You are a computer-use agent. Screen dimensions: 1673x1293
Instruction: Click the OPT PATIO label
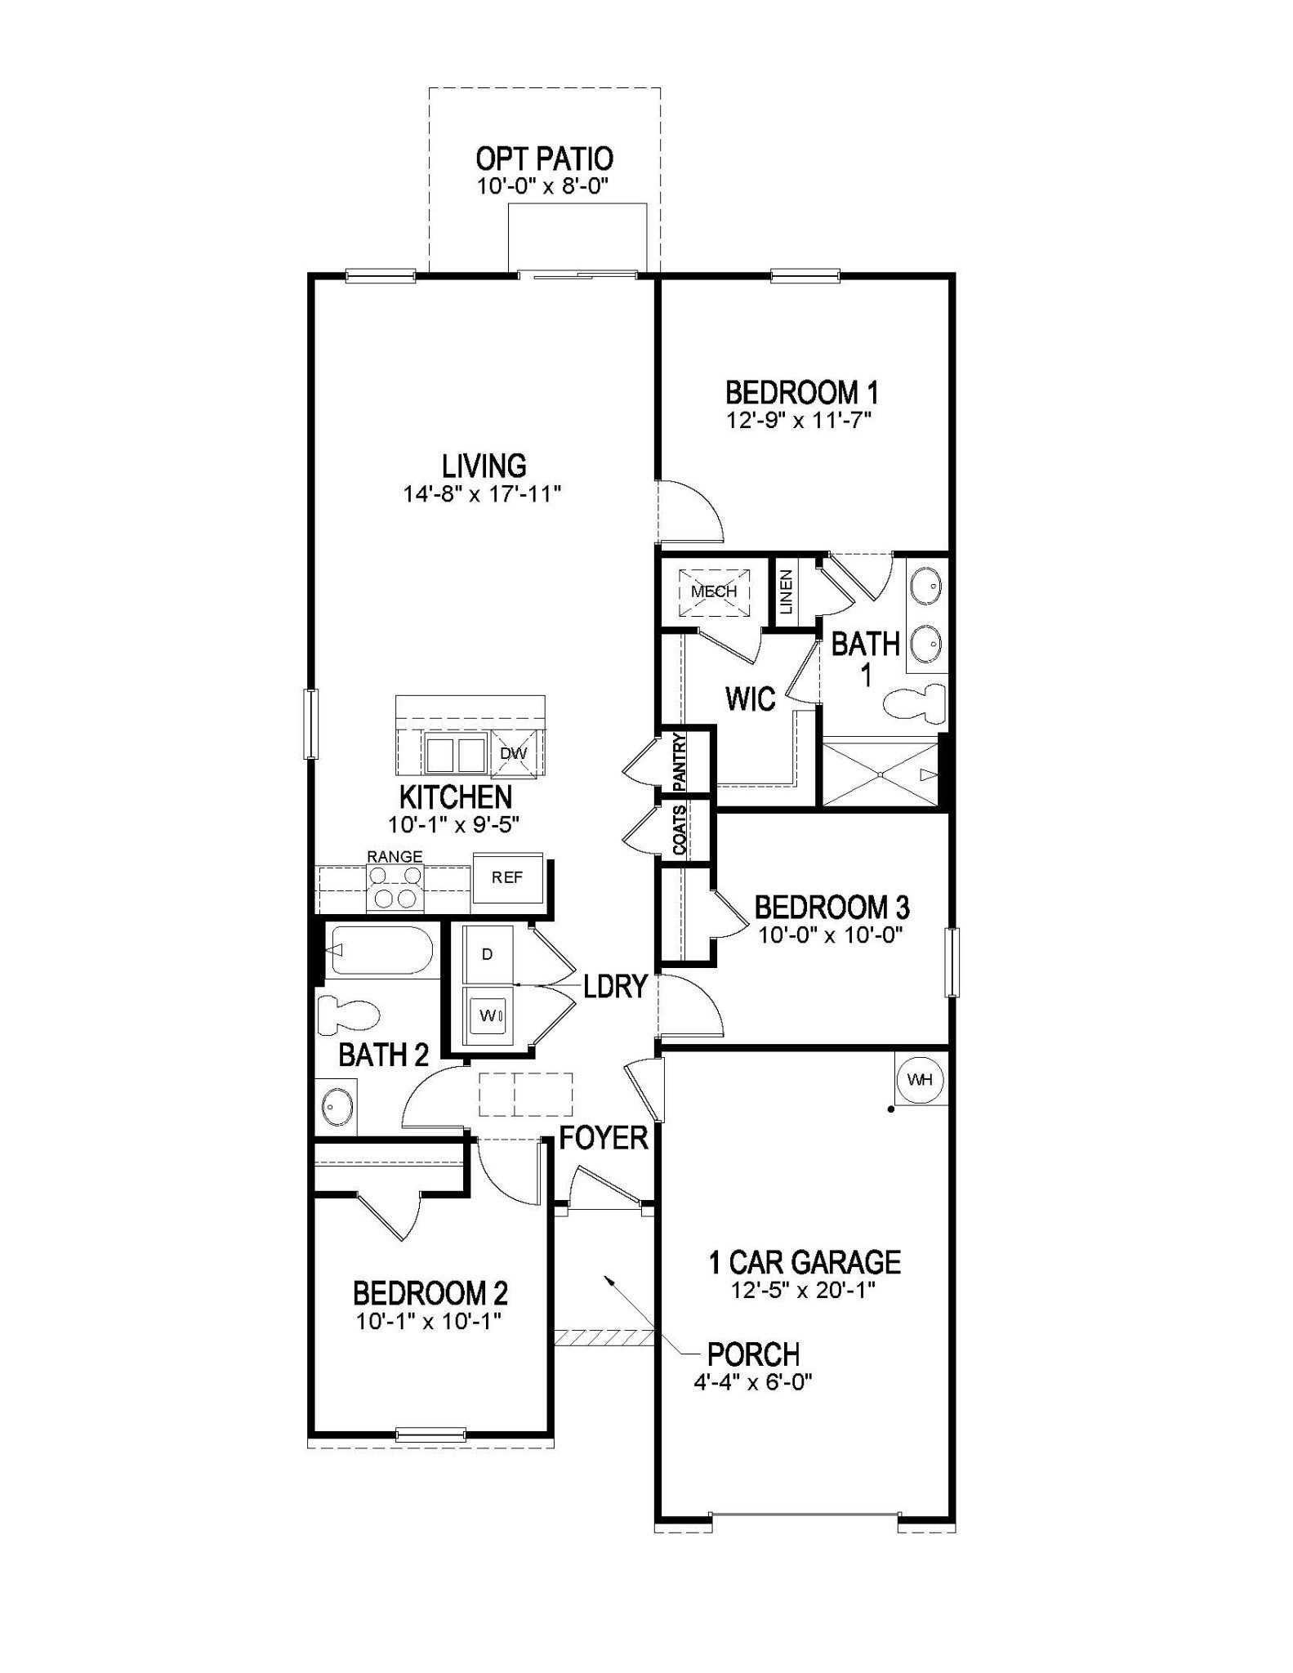point(544,158)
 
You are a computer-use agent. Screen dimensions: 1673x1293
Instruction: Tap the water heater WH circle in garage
point(920,1079)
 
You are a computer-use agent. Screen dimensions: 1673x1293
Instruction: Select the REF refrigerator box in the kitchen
point(507,878)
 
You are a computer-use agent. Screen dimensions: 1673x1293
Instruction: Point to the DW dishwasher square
point(513,753)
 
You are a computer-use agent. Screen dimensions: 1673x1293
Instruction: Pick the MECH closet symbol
point(714,591)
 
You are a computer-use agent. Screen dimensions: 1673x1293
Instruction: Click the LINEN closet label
point(786,591)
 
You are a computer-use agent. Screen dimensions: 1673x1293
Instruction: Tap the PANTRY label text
point(680,761)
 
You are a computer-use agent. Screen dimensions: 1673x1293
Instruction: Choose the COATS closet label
point(680,830)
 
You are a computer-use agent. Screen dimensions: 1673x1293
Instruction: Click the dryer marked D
point(488,954)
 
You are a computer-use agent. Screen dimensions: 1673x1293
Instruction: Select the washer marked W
point(488,1015)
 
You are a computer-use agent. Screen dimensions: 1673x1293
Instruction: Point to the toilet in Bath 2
point(350,1014)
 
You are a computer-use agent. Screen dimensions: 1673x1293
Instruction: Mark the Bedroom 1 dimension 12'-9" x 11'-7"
point(800,421)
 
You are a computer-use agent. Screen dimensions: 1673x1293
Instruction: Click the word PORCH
point(753,1354)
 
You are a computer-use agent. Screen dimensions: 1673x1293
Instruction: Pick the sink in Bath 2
point(336,1107)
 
